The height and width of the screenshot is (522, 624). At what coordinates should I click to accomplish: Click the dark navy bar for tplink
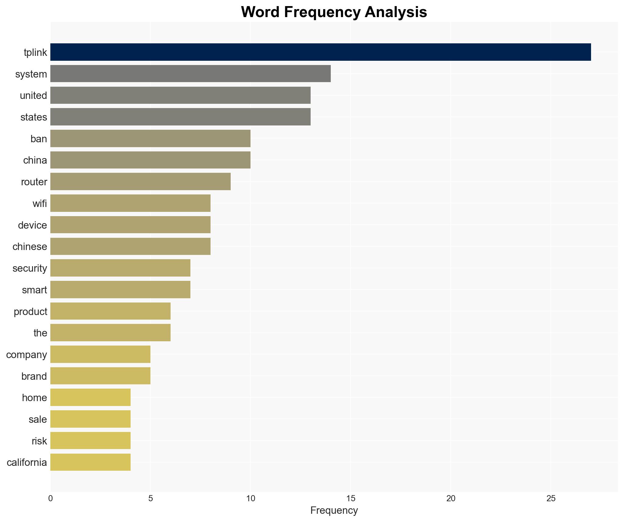[x=320, y=52]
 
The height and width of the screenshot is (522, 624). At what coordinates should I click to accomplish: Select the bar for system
[x=190, y=74]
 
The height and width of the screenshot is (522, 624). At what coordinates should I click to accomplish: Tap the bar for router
[x=140, y=182]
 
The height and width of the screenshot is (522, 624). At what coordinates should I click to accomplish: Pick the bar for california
[x=90, y=462]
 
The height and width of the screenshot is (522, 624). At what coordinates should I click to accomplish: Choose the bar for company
[x=100, y=354]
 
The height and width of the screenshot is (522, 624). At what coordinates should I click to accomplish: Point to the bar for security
[x=120, y=268]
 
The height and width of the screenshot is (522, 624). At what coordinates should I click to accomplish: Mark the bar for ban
[x=150, y=139]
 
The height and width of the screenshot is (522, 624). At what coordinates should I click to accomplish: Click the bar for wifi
[x=130, y=203]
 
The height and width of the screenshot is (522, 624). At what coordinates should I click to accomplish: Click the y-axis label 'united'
[x=33, y=96]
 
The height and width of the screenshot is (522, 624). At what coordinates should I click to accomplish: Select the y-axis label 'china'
[x=35, y=160]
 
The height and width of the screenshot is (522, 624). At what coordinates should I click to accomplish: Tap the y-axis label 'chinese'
[x=30, y=247]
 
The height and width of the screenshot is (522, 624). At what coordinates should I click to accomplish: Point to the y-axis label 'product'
[x=30, y=311]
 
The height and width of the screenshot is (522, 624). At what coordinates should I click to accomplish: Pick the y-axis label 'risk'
[x=39, y=441]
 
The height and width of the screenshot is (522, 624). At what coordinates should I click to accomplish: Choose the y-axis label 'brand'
[x=34, y=376]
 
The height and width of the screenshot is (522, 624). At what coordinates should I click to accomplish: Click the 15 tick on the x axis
[x=351, y=498]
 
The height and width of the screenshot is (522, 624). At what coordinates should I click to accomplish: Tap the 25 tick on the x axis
[x=551, y=498]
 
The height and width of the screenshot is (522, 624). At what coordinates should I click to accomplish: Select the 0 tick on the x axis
[x=50, y=498]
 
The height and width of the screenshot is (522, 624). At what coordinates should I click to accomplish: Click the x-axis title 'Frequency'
[x=334, y=510]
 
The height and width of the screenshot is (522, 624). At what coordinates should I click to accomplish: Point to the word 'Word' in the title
[x=260, y=12]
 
